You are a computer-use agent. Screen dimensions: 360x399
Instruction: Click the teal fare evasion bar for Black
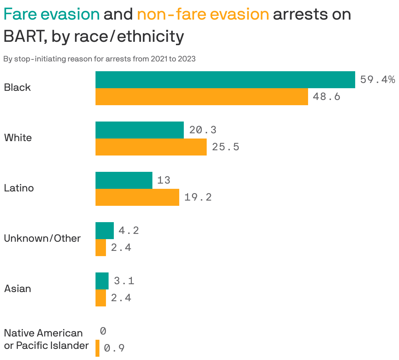225,80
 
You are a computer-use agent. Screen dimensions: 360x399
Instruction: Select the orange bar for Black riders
201,97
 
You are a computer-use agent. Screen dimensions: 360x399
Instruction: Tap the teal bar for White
139,130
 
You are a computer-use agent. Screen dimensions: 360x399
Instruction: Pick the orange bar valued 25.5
151,147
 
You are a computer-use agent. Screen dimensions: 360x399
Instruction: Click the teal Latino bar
124,180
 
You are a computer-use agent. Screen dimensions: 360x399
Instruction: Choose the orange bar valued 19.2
137,197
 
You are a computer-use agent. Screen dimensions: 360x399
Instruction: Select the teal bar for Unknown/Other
104,231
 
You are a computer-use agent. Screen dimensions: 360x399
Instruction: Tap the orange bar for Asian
100,298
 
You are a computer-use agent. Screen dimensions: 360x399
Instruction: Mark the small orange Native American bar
97,348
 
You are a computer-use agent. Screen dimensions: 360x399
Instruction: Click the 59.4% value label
377,80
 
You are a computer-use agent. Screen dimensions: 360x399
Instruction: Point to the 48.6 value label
326,97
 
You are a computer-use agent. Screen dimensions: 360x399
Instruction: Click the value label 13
164,180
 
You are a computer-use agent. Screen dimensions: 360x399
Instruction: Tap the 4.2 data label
129,231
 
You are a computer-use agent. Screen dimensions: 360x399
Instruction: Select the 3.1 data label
124,281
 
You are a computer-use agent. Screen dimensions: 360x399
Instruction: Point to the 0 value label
103,331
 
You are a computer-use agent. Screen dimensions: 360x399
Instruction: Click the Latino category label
19,188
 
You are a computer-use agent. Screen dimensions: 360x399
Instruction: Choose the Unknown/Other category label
42,238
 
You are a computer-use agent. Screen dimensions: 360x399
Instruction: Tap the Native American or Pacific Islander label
46,339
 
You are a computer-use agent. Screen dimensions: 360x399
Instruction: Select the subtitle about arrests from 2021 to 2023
99,59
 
